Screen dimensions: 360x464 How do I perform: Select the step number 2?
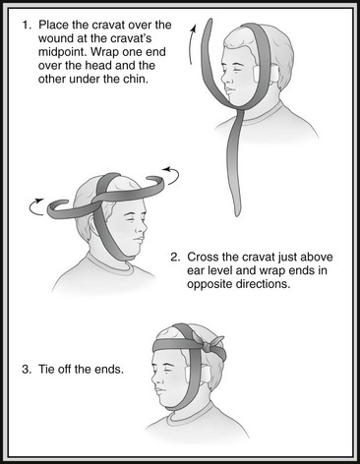tap(175, 258)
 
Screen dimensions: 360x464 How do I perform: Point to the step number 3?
tap(27, 370)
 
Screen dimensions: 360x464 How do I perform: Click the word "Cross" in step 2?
tap(203, 258)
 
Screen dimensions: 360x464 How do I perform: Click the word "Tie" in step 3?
tap(46, 370)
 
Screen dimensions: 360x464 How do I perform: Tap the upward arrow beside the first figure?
tap(192, 43)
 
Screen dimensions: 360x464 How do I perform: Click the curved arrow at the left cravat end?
tap(35, 206)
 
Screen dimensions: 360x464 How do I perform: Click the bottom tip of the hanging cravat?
tap(237, 214)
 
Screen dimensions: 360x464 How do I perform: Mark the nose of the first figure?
tap(223, 78)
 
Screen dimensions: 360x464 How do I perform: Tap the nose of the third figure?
tap(155, 380)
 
